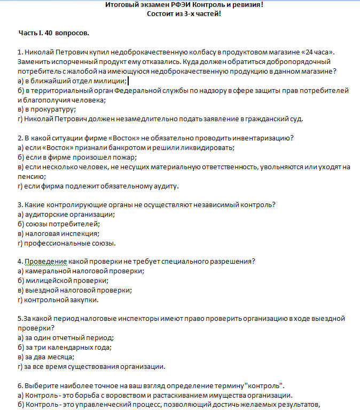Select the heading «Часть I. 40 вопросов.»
(53, 33)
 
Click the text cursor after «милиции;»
(129, 81)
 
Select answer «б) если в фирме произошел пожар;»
(77, 157)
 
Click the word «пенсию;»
(32, 176)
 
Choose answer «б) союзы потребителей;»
(58, 224)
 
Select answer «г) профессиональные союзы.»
(66, 243)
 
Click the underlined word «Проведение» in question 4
(45, 261)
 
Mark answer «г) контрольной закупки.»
(58, 299)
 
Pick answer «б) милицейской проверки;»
(63, 280)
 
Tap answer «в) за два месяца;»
(46, 357)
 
